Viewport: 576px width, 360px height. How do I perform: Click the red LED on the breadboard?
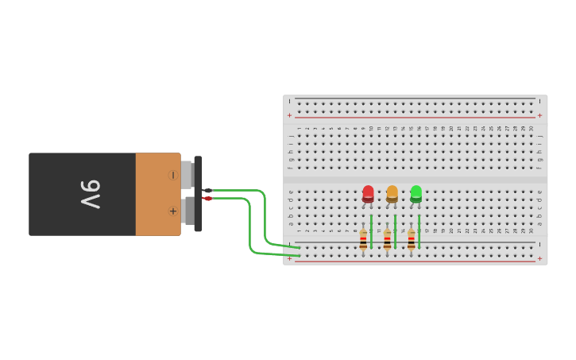pyautogui.click(x=368, y=193)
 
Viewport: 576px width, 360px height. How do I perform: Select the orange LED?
pyautogui.click(x=392, y=193)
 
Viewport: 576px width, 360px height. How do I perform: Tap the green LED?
pyautogui.click(x=416, y=193)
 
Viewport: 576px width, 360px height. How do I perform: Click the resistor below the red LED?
pyautogui.click(x=363, y=240)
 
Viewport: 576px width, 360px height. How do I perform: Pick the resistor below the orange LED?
pyautogui.click(x=387, y=240)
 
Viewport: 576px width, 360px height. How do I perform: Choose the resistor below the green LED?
pyautogui.click(x=411, y=240)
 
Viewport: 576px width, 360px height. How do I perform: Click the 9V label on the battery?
pyautogui.click(x=90, y=194)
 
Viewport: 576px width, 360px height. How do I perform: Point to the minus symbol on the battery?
pyautogui.click(x=172, y=175)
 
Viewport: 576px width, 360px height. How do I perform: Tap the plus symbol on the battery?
pyautogui.click(x=172, y=211)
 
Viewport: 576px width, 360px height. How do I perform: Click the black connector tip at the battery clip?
pyautogui.click(x=207, y=190)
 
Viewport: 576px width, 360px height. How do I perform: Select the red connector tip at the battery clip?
pyautogui.click(x=207, y=198)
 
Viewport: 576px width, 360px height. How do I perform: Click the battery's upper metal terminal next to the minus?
pyautogui.click(x=187, y=175)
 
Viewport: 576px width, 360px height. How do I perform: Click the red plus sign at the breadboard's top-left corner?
pyautogui.click(x=289, y=115)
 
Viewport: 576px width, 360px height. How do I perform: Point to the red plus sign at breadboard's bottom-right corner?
pyautogui.click(x=539, y=258)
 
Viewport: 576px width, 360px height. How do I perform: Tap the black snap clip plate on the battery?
pyautogui.click(x=198, y=194)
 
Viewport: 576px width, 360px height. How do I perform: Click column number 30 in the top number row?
pyautogui.click(x=532, y=128)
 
